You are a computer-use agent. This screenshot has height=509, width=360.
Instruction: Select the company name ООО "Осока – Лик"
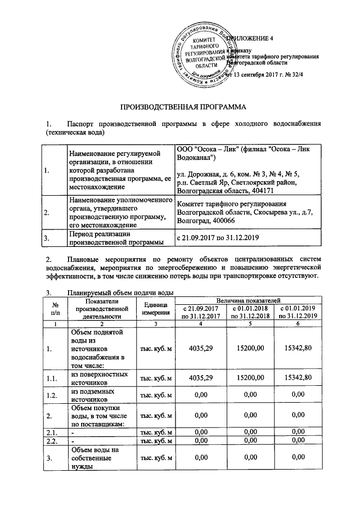(209, 150)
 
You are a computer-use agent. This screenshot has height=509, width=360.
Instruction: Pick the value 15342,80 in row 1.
(296, 349)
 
